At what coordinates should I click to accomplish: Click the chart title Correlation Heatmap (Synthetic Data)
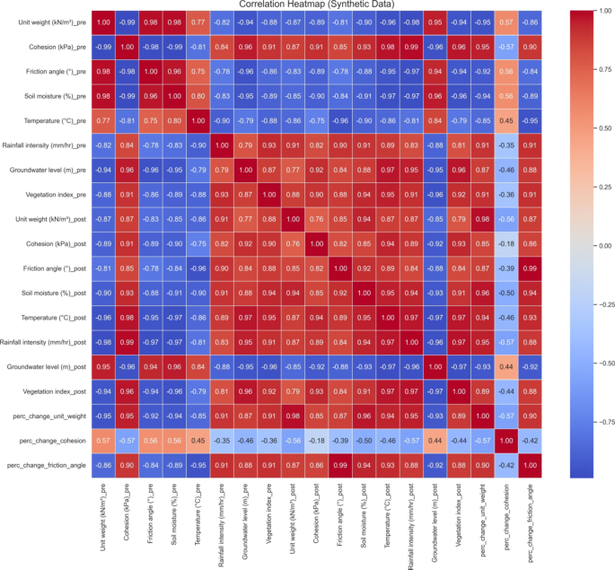(307, 5)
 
